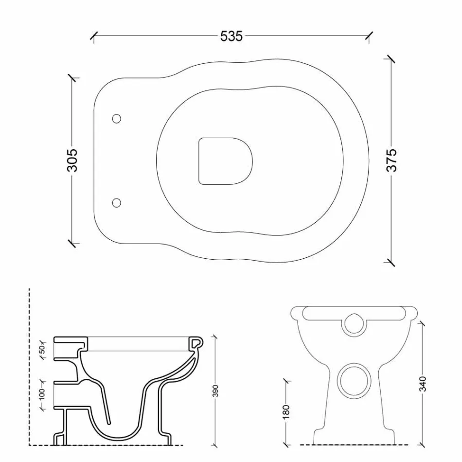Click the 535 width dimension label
point(231,36)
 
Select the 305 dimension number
point(72,160)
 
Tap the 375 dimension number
point(391,160)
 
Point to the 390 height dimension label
point(215,391)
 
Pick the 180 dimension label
point(285,411)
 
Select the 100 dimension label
point(42,394)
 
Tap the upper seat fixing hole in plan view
point(117,118)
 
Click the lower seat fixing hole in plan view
point(117,202)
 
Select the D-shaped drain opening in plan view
point(226,161)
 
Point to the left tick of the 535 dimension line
point(93,36)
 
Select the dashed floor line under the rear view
point(353,444)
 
